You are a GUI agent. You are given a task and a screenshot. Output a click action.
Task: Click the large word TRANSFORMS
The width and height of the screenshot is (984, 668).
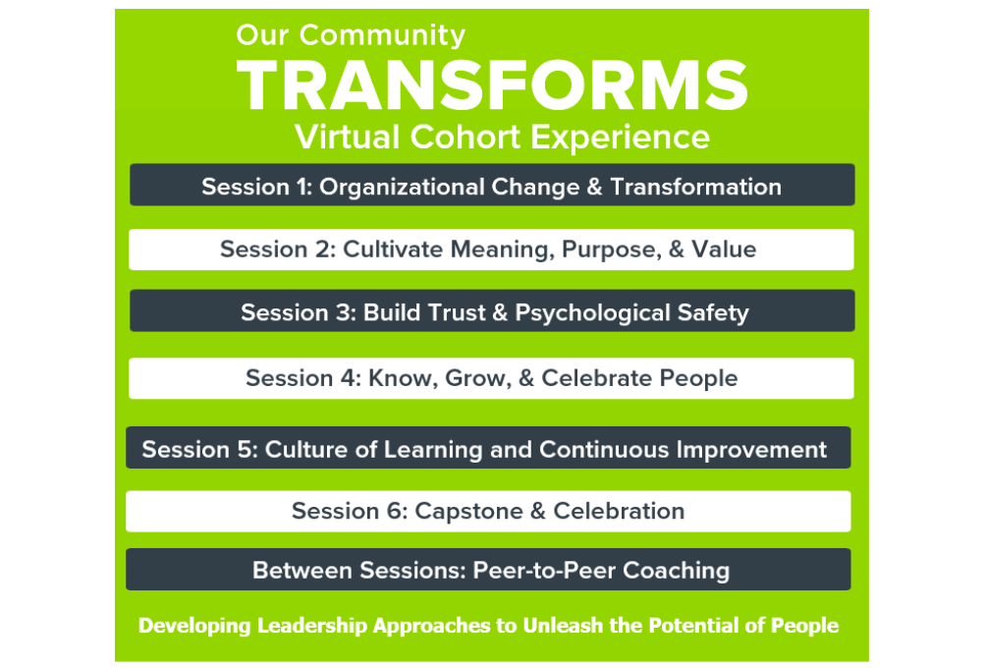point(492,85)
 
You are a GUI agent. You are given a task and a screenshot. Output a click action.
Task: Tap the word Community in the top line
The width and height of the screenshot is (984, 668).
point(382,35)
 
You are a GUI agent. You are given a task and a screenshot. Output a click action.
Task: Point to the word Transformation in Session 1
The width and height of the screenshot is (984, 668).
point(696,187)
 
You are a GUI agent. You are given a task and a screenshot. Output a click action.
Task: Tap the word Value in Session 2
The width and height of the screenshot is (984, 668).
point(724,250)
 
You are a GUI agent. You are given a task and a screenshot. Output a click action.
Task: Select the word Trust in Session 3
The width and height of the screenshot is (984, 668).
point(455,312)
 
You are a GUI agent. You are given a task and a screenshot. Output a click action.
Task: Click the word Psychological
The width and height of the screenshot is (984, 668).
point(592,313)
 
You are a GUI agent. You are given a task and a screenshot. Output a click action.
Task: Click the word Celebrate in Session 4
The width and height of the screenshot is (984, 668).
point(597,378)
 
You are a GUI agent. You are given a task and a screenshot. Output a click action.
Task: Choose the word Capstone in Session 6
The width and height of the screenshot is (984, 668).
point(468,511)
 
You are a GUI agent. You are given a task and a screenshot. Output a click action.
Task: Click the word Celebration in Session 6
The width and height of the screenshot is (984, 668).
point(619,511)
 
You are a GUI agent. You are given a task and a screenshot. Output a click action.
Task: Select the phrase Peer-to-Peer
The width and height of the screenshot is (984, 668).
point(544,570)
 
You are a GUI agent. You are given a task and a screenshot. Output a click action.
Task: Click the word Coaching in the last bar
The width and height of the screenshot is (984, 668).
point(676,571)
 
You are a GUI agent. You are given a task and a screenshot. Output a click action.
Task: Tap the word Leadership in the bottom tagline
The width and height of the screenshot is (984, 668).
point(312,626)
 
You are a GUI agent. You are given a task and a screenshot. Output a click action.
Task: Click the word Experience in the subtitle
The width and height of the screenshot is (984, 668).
point(620,138)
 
